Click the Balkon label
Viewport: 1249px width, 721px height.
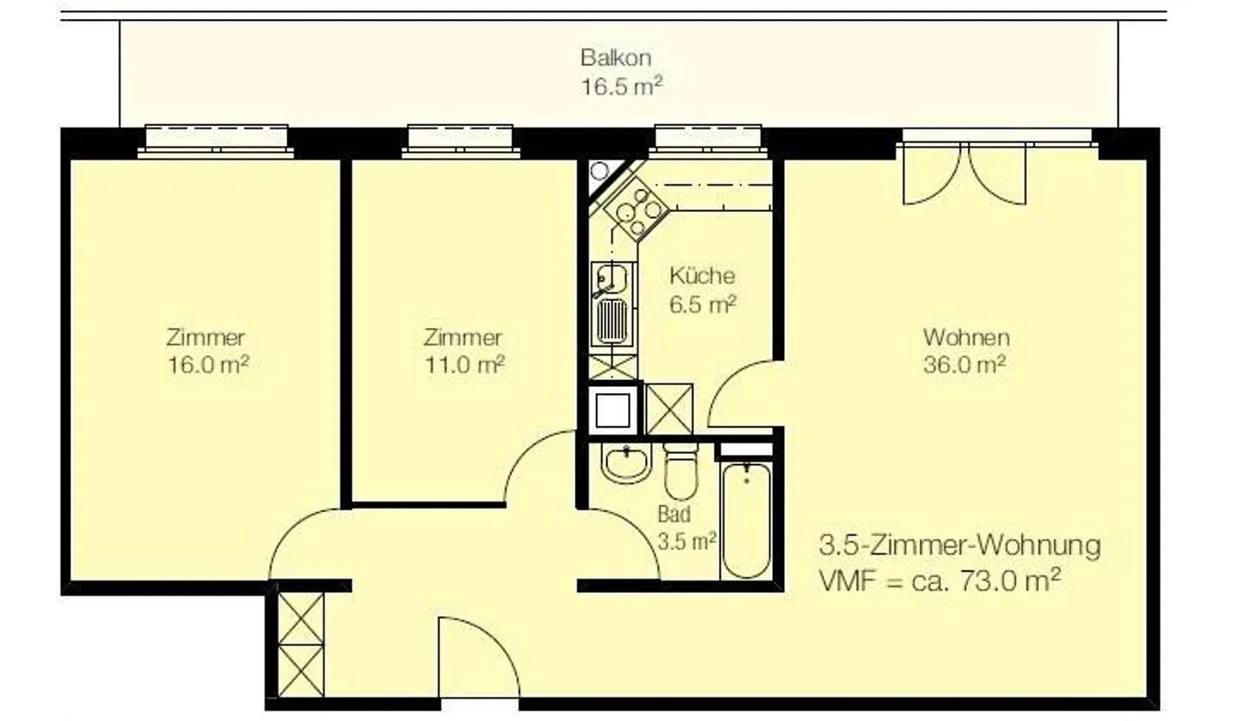point(616,57)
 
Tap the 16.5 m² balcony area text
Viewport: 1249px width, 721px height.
point(622,87)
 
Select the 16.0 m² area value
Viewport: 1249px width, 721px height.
point(208,365)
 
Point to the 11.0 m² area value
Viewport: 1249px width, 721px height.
point(465,365)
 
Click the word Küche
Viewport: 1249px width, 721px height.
point(702,275)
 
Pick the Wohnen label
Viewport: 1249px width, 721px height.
point(966,338)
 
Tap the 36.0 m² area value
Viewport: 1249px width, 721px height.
point(965,365)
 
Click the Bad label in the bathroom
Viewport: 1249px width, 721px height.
point(674,515)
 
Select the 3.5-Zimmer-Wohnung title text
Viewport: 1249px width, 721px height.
point(959,546)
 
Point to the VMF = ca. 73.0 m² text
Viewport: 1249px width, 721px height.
point(939,581)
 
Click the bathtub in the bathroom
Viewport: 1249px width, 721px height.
point(746,520)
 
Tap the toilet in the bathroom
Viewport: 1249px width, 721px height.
point(681,472)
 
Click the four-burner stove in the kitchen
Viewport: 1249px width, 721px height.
point(637,210)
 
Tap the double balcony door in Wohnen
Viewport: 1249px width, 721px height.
point(965,174)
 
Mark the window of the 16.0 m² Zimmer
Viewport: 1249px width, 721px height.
point(216,141)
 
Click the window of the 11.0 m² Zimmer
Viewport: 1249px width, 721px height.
point(461,141)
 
